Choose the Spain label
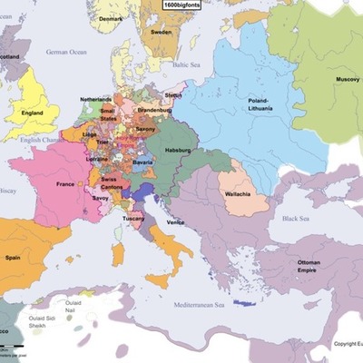coord(13,257)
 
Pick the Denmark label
coord(111,18)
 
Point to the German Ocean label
coord(65,53)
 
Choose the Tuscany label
coord(133,219)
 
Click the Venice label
coord(177,222)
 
